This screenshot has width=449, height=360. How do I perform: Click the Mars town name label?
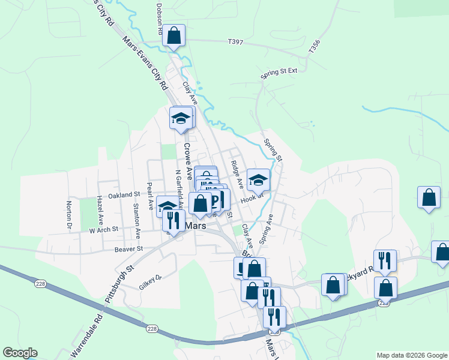(196, 226)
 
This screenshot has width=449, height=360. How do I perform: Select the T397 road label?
(236, 42)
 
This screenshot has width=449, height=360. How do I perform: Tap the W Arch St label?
(104, 229)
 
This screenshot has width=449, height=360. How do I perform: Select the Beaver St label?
(130, 248)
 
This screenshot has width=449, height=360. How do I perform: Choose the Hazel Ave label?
(100, 208)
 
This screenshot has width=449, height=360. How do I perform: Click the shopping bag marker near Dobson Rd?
(173, 35)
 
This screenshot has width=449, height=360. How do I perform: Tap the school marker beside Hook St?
(258, 179)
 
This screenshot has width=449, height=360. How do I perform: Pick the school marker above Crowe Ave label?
(180, 118)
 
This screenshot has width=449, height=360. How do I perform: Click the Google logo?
(20, 353)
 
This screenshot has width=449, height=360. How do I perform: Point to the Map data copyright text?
(411, 355)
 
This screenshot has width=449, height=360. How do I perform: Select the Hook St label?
(252, 196)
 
